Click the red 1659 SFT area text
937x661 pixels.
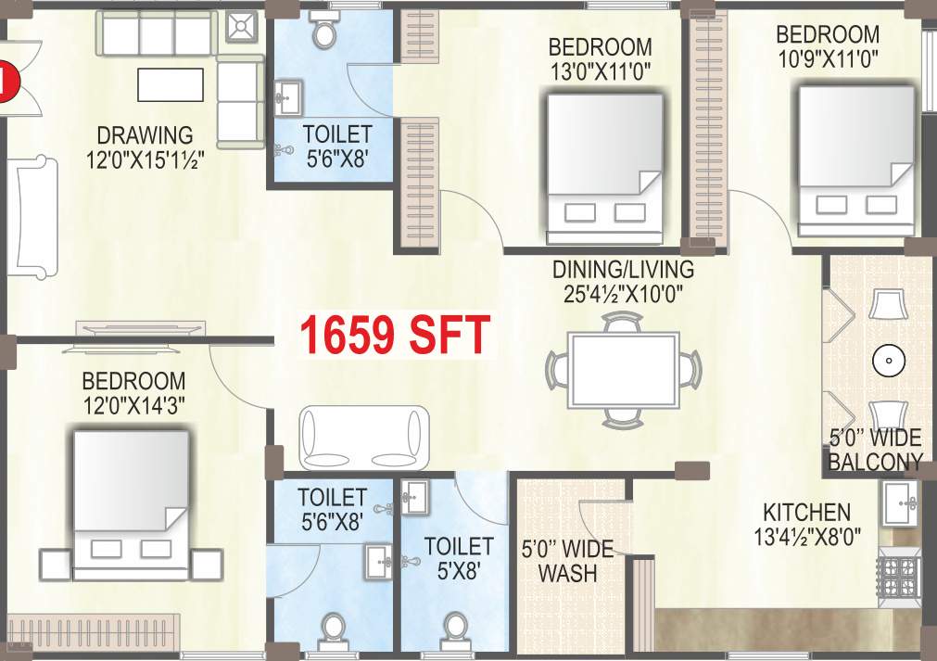[x=393, y=335]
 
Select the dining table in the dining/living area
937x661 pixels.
[x=621, y=368]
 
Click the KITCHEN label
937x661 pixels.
[x=806, y=512]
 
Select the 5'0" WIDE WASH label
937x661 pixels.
[x=567, y=561]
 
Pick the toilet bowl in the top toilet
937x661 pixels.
[x=325, y=32]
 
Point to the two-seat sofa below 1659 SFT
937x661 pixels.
[x=363, y=437]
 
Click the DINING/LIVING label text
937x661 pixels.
[x=623, y=270]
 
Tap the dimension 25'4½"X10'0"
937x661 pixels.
[x=623, y=295]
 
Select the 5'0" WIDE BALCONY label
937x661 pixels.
[x=875, y=450]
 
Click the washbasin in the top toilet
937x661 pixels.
[x=289, y=94]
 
